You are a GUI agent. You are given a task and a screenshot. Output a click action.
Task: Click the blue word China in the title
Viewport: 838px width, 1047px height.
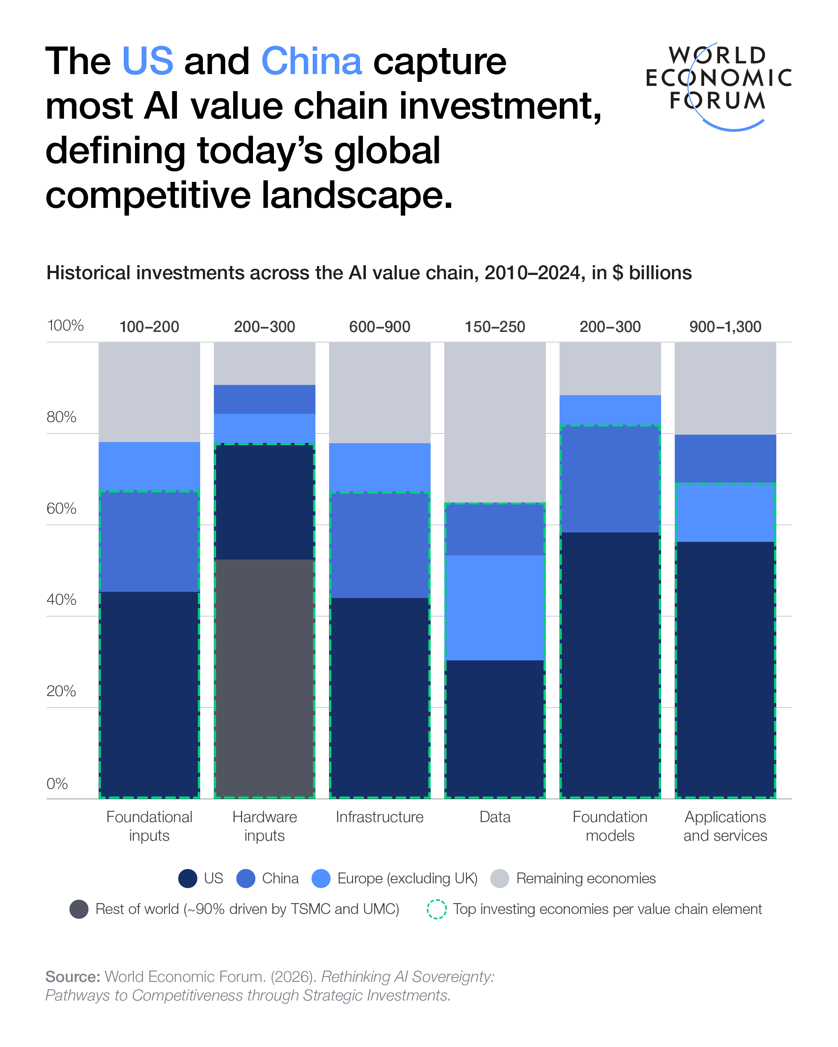312,62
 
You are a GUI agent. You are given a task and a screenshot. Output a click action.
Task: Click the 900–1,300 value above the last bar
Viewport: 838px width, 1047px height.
725,327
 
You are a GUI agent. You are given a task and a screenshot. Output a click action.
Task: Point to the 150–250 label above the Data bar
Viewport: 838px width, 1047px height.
495,327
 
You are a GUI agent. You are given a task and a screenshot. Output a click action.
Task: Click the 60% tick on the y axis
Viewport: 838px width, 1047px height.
61,508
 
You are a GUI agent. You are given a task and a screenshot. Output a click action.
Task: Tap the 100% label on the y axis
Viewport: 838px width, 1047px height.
65,325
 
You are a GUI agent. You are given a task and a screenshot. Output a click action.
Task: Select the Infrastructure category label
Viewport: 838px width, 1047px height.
379,817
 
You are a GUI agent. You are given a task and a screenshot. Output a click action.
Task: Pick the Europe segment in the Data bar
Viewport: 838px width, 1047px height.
495,607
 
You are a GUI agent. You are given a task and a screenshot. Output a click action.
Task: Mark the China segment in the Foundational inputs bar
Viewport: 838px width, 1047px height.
149,541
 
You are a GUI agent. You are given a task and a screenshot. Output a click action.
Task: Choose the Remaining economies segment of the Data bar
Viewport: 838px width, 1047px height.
495,423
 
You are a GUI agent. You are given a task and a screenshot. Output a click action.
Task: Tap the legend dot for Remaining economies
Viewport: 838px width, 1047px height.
499,878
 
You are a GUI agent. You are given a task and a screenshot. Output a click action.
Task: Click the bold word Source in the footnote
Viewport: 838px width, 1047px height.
73,976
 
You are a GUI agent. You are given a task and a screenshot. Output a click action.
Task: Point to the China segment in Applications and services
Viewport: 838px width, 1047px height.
725,458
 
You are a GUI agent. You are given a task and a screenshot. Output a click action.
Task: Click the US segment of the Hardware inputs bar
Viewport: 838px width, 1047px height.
264,502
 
